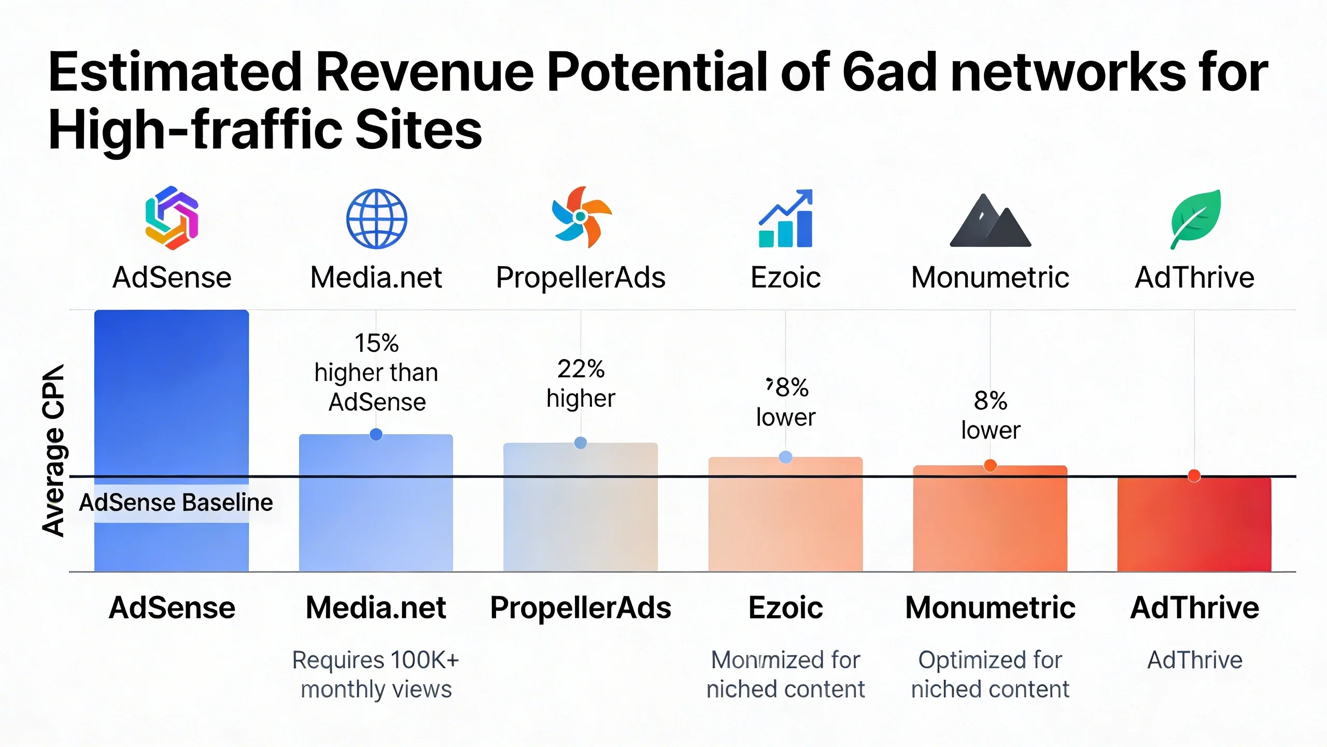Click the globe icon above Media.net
pyautogui.click(x=377, y=218)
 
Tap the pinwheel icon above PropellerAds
pyautogui.click(x=581, y=217)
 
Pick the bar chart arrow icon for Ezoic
pyautogui.click(x=786, y=218)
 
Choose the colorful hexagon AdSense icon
pyautogui.click(x=172, y=218)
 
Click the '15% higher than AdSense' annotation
pyautogui.click(x=377, y=372)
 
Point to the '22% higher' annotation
pyautogui.click(x=581, y=383)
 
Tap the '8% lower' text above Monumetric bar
pyautogui.click(x=991, y=415)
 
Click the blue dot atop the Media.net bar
pyautogui.click(x=376, y=434)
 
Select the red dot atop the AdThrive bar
pyautogui.click(x=1194, y=476)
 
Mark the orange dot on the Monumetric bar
pyautogui.click(x=990, y=465)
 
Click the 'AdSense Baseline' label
pyautogui.click(x=176, y=503)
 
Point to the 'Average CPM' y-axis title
pyautogui.click(x=53, y=450)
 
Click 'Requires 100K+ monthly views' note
pyautogui.click(x=376, y=674)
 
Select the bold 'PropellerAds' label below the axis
pyautogui.click(x=581, y=607)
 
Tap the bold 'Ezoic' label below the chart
pyautogui.click(x=785, y=607)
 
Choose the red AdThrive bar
pyautogui.click(x=1194, y=524)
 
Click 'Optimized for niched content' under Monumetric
pyautogui.click(x=990, y=674)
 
